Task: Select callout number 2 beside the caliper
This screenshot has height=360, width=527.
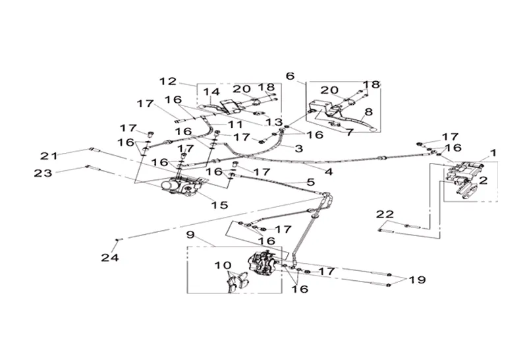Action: (483, 179)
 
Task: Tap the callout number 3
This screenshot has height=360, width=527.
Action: (298, 149)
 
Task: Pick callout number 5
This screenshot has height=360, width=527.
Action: (310, 182)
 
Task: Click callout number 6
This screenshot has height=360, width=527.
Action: (291, 76)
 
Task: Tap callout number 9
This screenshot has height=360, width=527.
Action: (190, 234)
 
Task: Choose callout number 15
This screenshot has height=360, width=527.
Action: (219, 205)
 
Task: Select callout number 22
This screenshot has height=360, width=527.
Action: (385, 214)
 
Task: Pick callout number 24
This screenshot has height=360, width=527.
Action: (111, 258)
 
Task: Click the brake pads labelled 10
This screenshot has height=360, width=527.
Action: (235, 281)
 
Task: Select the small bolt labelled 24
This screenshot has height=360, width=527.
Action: (119, 239)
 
